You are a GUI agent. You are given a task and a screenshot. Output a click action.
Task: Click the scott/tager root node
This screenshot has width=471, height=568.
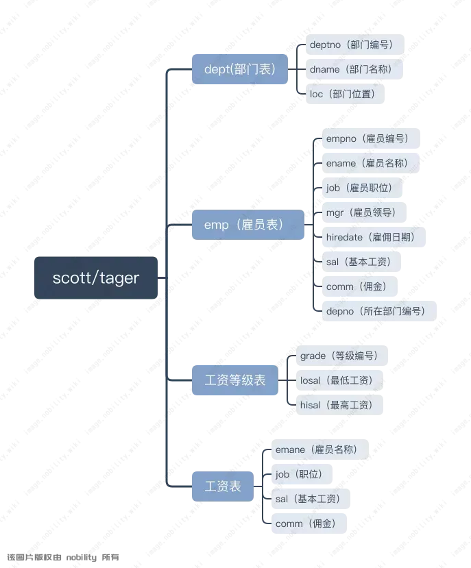point(96,277)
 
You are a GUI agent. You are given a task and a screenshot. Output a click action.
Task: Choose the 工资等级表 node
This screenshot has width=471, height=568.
point(236,380)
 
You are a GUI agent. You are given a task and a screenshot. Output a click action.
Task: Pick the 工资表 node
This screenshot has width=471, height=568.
point(224,486)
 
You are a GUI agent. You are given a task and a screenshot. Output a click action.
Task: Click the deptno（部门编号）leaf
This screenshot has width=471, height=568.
point(351,45)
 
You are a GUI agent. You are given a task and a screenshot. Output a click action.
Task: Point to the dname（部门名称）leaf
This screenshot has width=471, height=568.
point(351,69)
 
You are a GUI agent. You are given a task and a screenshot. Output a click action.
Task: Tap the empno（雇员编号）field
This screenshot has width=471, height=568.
point(367,138)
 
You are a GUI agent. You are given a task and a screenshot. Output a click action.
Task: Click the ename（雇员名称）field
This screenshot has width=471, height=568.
point(367,163)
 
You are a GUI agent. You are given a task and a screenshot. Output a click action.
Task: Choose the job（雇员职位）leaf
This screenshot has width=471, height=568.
point(359,188)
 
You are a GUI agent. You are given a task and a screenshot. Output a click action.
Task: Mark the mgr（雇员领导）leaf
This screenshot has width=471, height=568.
point(363,212)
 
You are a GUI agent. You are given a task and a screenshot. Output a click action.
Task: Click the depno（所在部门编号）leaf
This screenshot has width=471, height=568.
point(376,311)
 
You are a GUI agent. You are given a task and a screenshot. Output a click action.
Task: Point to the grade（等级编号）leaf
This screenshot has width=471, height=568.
point(339,356)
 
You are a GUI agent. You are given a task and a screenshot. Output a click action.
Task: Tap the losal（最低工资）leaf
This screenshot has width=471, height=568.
point(338,380)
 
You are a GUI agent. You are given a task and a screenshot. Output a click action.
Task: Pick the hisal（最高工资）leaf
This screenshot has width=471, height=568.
point(337,405)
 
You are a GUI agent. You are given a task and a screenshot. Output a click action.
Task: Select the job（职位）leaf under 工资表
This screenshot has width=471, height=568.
point(299,474)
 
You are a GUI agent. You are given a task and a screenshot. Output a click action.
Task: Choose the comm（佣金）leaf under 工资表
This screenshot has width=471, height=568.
point(305,523)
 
